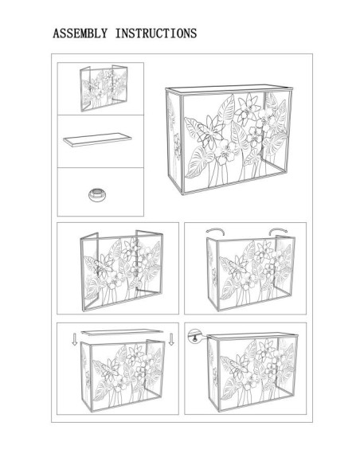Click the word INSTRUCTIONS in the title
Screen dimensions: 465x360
pyautogui.click(x=156, y=34)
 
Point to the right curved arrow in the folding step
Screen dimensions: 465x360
pyautogui.click(x=276, y=232)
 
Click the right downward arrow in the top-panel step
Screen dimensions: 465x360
pyautogui.click(x=171, y=342)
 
